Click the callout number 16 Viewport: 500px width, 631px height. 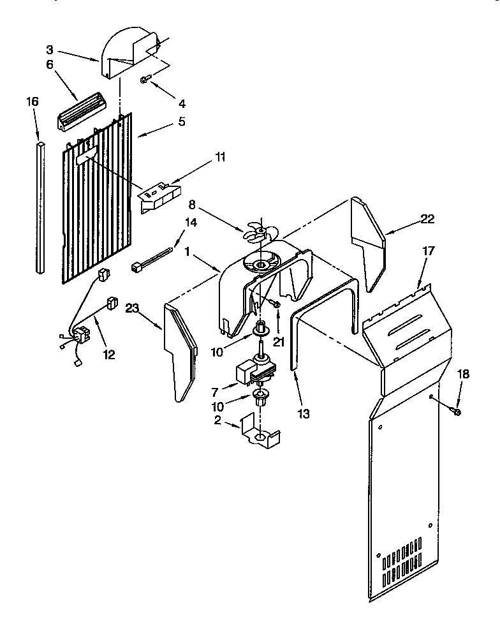point(32,101)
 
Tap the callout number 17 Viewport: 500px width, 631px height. point(428,251)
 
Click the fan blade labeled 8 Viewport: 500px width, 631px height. point(260,230)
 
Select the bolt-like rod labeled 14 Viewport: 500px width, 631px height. point(153,260)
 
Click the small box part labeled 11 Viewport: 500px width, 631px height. point(159,198)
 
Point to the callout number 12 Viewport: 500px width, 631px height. point(109,354)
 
